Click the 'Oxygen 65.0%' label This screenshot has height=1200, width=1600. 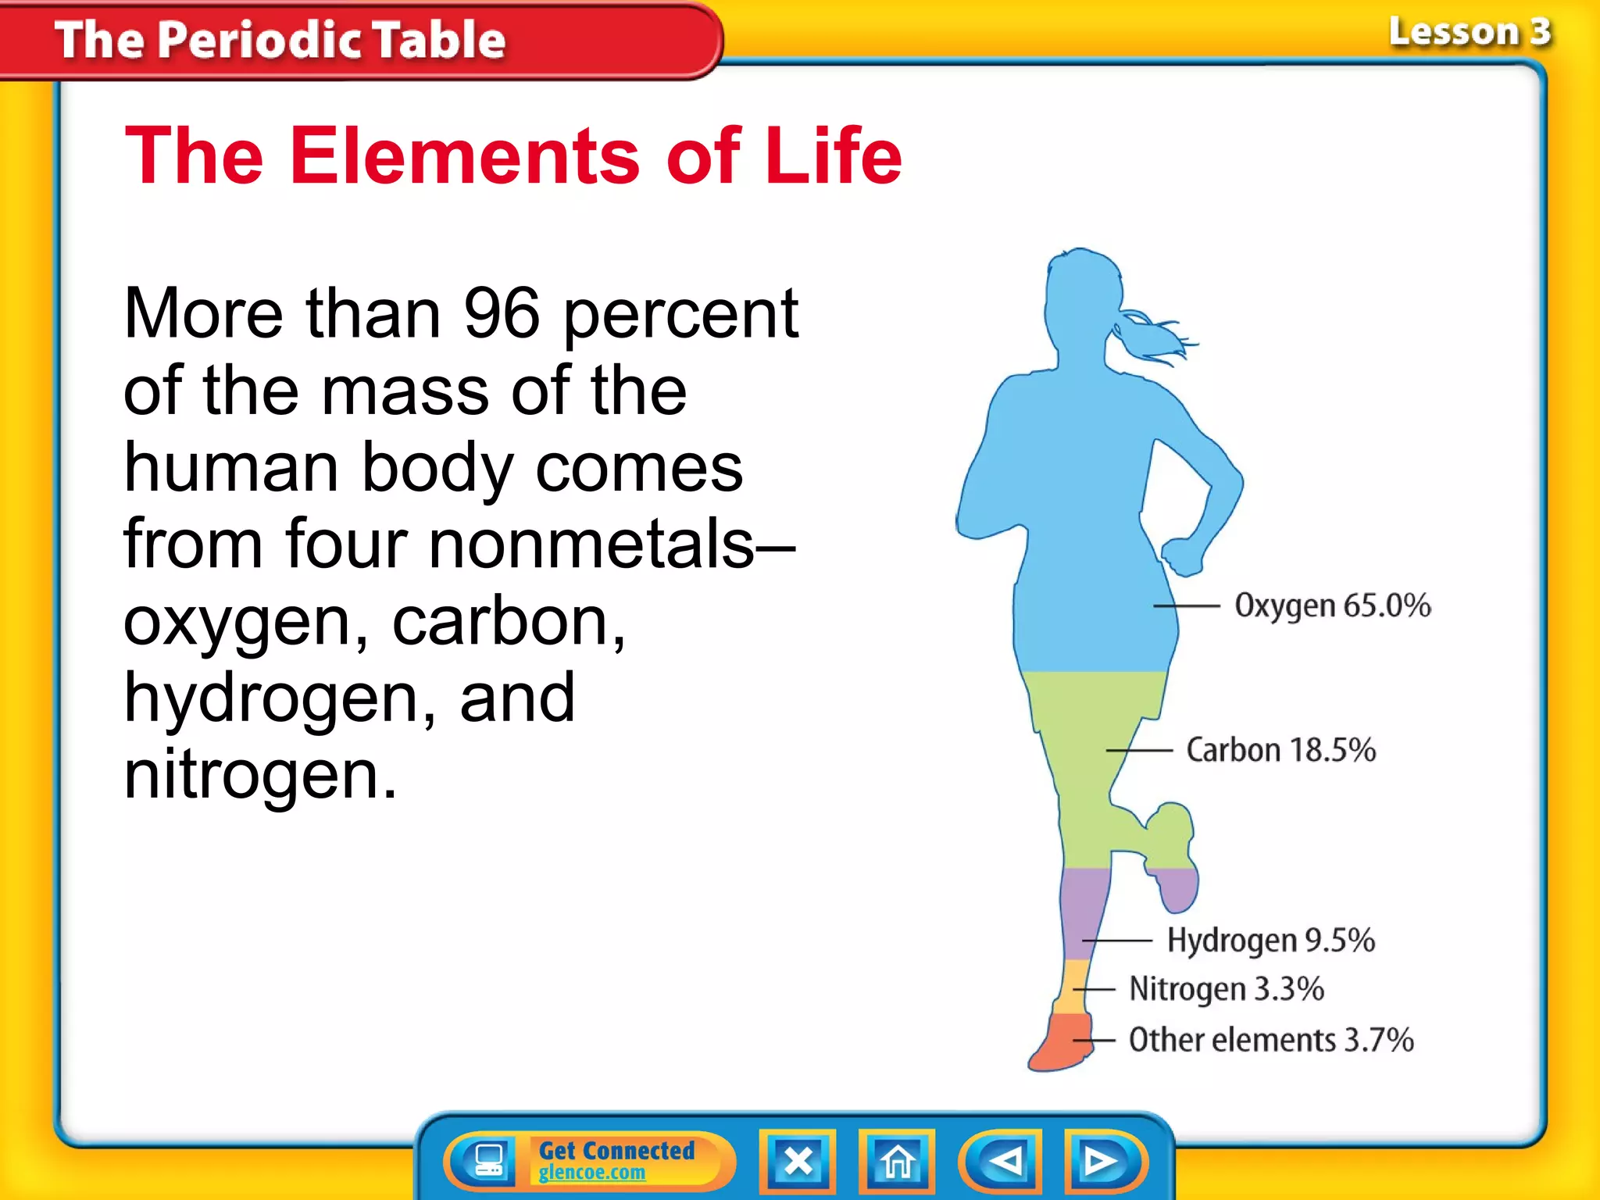click(x=1332, y=605)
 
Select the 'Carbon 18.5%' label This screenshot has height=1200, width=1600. click(x=1280, y=750)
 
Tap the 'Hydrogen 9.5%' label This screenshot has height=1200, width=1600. click(x=1270, y=941)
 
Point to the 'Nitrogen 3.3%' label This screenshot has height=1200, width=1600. click(x=1227, y=989)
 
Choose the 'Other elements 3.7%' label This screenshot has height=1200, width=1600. click(x=1271, y=1041)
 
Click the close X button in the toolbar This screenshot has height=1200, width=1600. click(x=798, y=1162)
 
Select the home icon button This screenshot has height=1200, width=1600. click(x=897, y=1162)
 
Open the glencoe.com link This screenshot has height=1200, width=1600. click(x=591, y=1173)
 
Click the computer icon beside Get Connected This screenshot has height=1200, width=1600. click(x=488, y=1161)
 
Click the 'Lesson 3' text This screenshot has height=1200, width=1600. click(x=1469, y=33)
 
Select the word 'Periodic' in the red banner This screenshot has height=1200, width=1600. click(x=259, y=40)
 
